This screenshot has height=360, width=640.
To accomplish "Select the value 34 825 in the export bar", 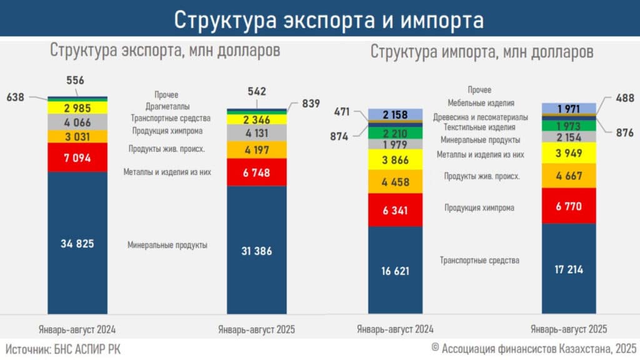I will tap(77, 243).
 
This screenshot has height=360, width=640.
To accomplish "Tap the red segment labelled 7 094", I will tap(77, 157).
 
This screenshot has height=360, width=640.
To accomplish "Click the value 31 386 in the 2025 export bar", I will tap(256, 250).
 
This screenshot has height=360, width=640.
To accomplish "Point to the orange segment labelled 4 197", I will tap(256, 150).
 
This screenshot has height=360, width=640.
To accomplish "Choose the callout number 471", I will tap(342, 112).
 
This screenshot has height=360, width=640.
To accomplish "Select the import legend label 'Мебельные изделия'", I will tap(481, 103).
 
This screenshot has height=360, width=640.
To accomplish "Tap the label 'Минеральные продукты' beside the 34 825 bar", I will tap(167, 245).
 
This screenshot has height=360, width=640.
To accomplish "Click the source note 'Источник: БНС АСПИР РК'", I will tap(63, 349).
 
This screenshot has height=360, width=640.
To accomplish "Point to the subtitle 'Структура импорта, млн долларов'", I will tap(482, 52).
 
